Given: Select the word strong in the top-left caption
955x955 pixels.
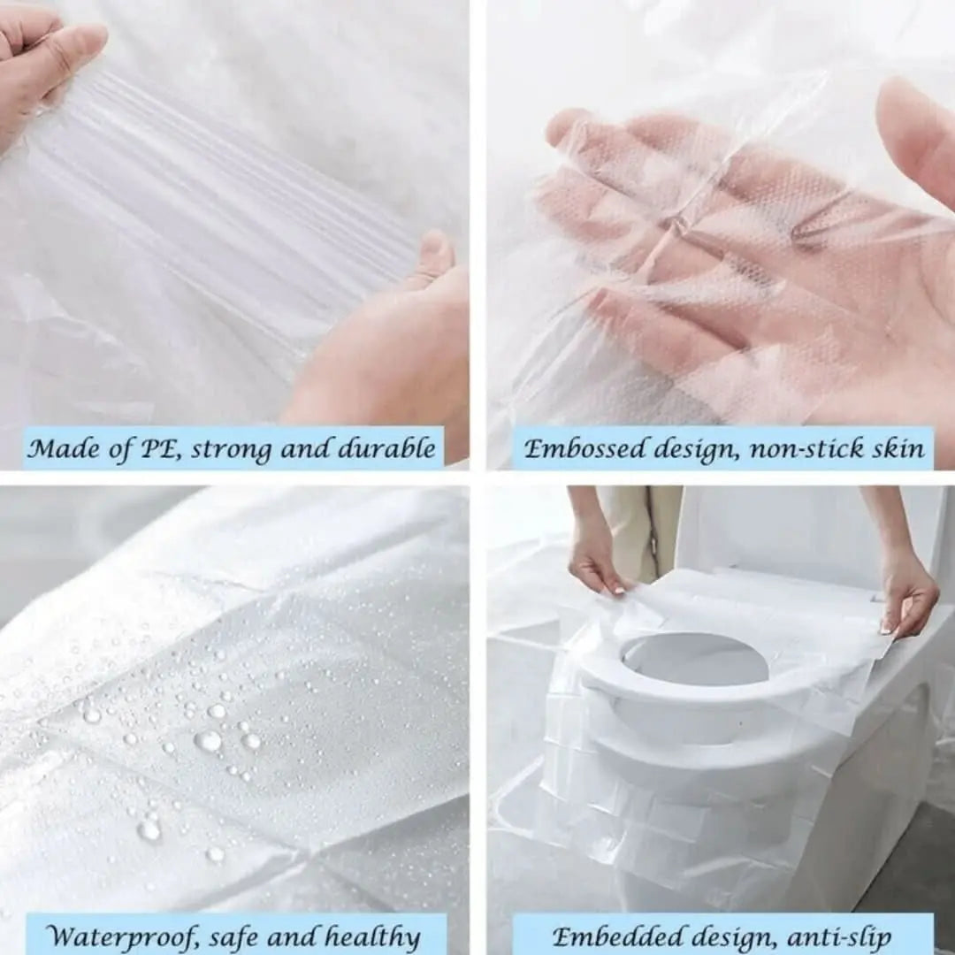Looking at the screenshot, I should [x=231, y=449].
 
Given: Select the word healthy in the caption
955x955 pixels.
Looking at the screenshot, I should [x=371, y=936].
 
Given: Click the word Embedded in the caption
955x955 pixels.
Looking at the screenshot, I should [x=611, y=936].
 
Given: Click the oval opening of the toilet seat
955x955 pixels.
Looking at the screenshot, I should [x=694, y=659].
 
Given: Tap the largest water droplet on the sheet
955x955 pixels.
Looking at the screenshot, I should [x=209, y=740].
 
